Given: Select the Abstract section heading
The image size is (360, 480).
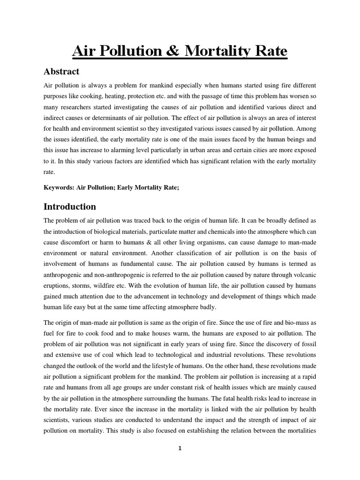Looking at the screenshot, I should pos(61,72).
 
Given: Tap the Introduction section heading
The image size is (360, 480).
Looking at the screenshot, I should pos(70,207).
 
